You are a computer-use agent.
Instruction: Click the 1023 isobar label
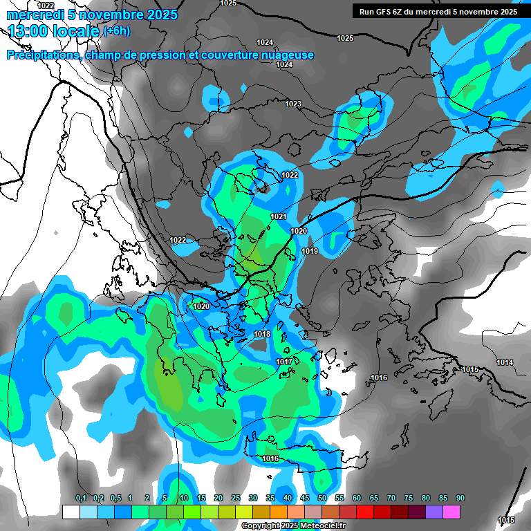pos(293,104)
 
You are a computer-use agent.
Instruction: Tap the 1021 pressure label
pos(279,216)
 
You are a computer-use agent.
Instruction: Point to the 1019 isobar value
pos(310,251)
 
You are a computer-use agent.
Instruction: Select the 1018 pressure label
pos(262,334)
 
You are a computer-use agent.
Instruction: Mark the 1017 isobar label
pos(284,362)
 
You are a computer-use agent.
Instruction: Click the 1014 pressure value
pos(505,362)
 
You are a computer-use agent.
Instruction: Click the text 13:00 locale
pos(54,31)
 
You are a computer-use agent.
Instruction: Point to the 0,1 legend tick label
pos(80,498)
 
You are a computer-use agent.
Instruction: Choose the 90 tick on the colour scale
pos(460,498)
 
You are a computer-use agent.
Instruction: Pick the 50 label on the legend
pos(322,498)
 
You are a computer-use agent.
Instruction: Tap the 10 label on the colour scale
pos(184,498)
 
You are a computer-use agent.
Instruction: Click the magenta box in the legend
pos(451,512)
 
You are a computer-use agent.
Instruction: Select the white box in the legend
pos(71,512)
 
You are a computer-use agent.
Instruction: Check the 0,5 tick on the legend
pos(115,498)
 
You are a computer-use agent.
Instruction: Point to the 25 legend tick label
pos(236,498)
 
